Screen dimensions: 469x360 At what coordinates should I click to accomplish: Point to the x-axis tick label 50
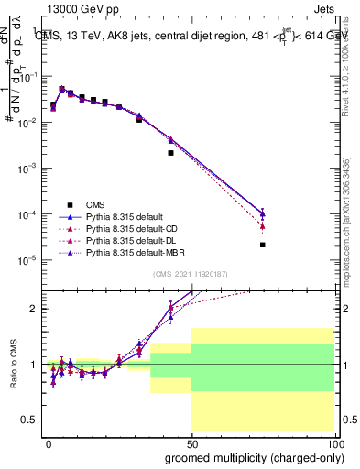coord(191,442)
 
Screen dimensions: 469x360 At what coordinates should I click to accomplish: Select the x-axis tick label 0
coord(49,442)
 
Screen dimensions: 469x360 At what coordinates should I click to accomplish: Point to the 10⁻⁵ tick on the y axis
coord(28,260)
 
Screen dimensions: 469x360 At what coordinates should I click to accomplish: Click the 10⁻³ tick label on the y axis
coord(28,169)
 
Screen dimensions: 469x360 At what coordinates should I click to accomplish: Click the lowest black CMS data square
coord(263,245)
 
